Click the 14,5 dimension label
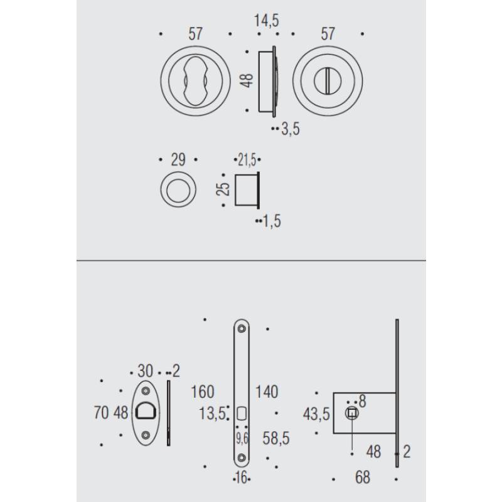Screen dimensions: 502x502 267,21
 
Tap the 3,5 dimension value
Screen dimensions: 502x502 291,129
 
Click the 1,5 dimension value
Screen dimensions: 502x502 272,220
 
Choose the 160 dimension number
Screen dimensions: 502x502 201,392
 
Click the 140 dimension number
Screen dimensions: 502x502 267,392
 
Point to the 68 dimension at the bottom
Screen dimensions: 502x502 362,478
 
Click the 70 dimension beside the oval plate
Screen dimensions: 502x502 100,413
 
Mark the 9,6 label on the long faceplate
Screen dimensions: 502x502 242,435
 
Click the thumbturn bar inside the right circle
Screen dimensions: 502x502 328,79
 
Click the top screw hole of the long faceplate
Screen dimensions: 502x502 242,328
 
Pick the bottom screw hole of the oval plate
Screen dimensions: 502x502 146,434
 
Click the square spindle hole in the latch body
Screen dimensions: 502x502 352,413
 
